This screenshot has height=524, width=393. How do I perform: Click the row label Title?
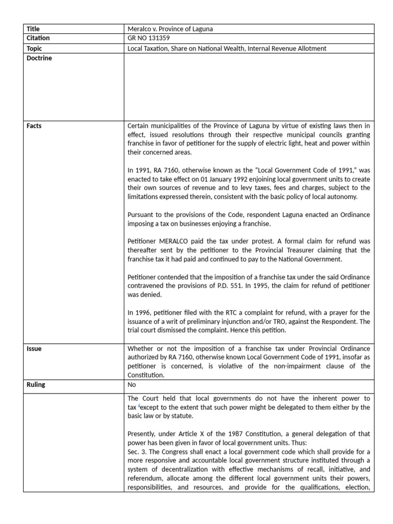tap(33, 29)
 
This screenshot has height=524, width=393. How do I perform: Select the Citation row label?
tap(38, 38)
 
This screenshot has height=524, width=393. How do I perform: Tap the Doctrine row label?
tap(39, 58)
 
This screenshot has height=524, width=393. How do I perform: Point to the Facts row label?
tap(34, 126)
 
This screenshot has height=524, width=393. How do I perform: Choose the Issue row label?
tap(34, 349)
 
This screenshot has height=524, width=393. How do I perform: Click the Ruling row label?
tap(36, 385)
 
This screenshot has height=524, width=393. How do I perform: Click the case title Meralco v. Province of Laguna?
tap(170, 29)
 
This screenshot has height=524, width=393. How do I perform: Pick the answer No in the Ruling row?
tap(132, 385)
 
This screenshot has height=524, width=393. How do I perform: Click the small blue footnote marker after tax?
tap(139, 405)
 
